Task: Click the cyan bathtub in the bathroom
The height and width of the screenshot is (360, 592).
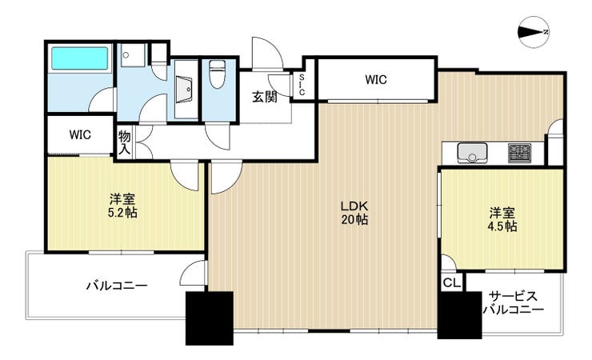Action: [x=79, y=58]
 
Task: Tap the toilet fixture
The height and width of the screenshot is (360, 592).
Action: [x=217, y=74]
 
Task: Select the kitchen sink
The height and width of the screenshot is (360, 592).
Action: [x=471, y=153]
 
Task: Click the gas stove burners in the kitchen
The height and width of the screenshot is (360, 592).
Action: [x=519, y=153]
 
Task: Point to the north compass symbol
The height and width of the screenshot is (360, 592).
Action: [x=534, y=32]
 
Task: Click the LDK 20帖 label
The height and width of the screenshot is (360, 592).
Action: [x=354, y=213]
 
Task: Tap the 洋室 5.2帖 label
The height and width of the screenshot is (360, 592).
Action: [x=122, y=206]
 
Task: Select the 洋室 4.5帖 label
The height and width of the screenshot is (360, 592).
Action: [x=502, y=220]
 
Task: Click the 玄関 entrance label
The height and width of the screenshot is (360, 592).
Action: [x=265, y=97]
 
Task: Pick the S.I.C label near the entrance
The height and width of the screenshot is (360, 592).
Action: [x=302, y=85]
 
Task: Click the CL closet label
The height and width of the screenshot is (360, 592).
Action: [x=451, y=282]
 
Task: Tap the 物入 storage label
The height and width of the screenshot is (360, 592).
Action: [x=124, y=142]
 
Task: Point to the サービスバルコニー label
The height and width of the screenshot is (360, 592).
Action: [x=513, y=303]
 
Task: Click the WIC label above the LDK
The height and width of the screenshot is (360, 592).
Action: [x=376, y=80]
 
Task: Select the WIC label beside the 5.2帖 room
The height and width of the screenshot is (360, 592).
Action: [x=80, y=134]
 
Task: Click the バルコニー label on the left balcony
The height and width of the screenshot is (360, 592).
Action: [x=116, y=286]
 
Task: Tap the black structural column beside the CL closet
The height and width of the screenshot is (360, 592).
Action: [x=460, y=314]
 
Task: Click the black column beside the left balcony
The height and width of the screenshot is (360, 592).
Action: [x=209, y=318]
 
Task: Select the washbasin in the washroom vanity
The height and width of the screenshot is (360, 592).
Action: [x=184, y=89]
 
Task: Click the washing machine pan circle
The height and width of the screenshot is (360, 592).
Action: [x=126, y=55]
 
